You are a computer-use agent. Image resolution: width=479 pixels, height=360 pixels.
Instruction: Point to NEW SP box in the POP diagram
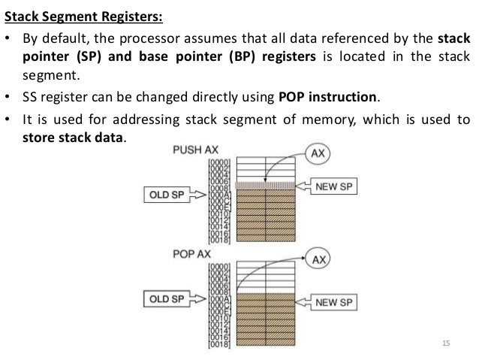click(x=337, y=302)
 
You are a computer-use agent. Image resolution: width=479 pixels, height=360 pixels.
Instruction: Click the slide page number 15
click(x=448, y=343)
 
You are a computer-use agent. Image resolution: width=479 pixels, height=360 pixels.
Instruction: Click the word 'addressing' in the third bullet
click(x=128, y=119)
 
